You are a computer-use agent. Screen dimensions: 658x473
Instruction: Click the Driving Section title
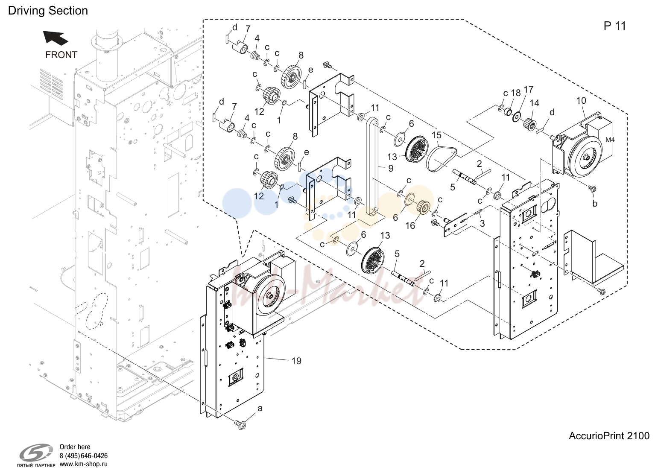click(x=48, y=11)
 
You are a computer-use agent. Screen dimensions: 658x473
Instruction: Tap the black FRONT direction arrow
click(x=56, y=38)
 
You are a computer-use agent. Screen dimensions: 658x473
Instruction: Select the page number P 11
click(x=614, y=26)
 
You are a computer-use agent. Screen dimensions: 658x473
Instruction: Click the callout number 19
click(x=296, y=361)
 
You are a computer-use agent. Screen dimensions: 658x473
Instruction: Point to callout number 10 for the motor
click(x=581, y=101)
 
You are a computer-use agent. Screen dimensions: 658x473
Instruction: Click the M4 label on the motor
click(x=610, y=140)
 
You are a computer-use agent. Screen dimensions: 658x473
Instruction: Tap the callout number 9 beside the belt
click(x=390, y=168)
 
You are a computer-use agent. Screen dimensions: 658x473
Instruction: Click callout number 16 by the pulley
click(x=410, y=225)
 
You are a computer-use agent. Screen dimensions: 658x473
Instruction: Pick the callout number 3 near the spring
click(x=483, y=223)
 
